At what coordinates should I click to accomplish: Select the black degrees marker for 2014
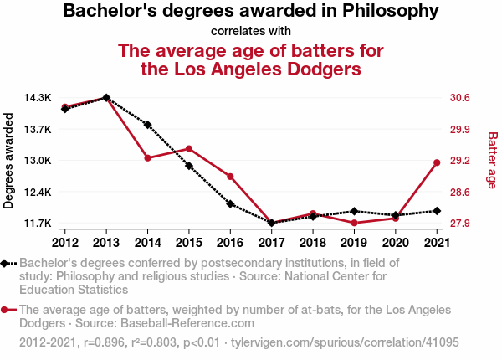147,125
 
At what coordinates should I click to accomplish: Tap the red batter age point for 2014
147,158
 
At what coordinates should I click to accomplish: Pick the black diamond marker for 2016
230,203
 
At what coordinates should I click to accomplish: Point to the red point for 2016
230,177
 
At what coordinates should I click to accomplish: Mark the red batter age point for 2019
354,223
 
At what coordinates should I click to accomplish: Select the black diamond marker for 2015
189,166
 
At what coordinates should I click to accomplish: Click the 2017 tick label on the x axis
271,243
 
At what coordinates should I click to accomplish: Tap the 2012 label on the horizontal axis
64,243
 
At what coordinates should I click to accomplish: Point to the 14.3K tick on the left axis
38,98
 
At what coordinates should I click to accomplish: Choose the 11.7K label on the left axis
38,224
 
